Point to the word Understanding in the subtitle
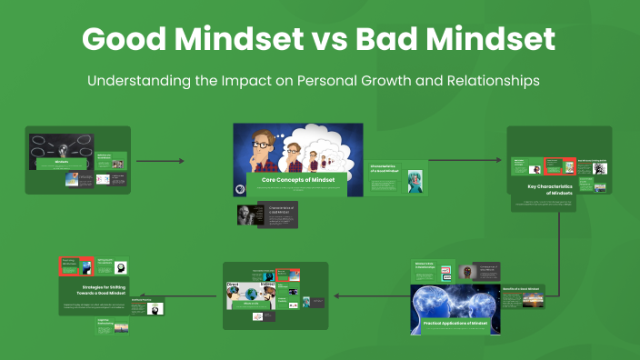point(138,81)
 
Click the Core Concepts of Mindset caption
point(298,180)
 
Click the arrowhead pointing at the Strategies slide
point(155,295)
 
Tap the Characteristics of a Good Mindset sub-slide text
point(385,170)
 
